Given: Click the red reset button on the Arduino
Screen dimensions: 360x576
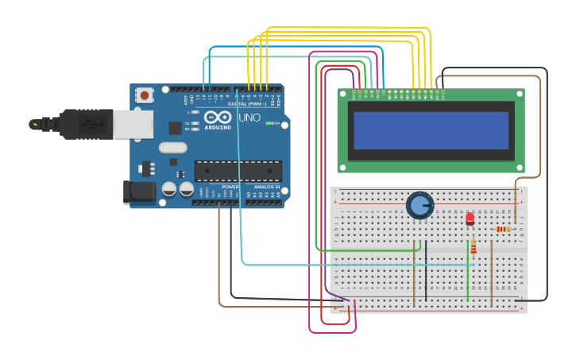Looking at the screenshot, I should [145, 95].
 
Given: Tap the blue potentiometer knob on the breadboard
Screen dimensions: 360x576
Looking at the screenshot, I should [419, 206].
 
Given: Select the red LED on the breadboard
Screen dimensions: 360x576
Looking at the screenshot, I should [470, 218].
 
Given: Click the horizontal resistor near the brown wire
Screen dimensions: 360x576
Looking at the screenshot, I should [503, 230].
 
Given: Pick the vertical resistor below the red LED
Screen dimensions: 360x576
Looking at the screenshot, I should [474, 247].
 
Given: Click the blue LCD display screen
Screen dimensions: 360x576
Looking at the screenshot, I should [431, 130].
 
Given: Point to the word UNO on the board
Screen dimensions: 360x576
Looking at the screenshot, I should [249, 118].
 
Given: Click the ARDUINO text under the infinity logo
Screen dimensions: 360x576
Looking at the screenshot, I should [218, 127].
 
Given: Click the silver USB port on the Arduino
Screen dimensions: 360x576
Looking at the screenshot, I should [133, 124].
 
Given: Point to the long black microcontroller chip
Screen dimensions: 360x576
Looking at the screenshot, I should [238, 171].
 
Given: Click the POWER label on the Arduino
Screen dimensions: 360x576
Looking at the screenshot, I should [230, 187].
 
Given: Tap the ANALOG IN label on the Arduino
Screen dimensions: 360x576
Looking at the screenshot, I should [267, 187].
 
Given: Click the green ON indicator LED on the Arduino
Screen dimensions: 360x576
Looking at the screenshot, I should [269, 123].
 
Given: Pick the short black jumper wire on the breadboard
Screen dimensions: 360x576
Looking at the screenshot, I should [426, 270].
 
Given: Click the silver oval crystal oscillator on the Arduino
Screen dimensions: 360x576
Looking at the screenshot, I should [172, 147].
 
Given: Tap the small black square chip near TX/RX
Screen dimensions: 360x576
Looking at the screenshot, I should [175, 127].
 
